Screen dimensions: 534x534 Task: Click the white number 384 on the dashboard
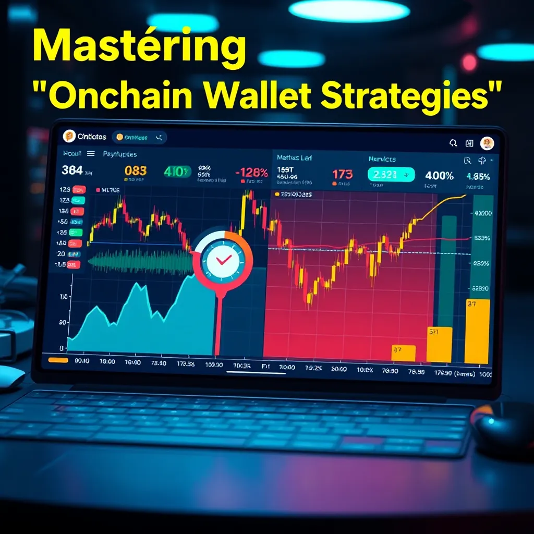[72, 170]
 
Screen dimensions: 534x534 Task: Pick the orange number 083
[136, 171]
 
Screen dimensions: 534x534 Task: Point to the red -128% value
[251, 173]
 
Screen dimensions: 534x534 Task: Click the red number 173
[342, 174]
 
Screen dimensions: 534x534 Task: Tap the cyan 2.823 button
[391, 175]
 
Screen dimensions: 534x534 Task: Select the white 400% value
[439, 176]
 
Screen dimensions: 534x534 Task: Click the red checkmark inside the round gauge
[223, 259]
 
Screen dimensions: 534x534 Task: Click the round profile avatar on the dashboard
[487, 143]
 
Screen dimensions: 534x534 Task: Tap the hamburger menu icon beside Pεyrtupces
[90, 154]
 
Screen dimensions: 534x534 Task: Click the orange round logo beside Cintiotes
[69, 137]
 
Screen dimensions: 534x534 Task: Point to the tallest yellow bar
[477, 331]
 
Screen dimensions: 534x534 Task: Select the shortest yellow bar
[403, 353]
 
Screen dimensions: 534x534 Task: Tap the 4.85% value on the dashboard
[478, 177]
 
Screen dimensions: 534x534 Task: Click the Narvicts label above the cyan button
[382, 159]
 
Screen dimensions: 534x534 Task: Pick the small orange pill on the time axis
[58, 359]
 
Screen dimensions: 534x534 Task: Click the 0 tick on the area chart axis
[63, 348]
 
